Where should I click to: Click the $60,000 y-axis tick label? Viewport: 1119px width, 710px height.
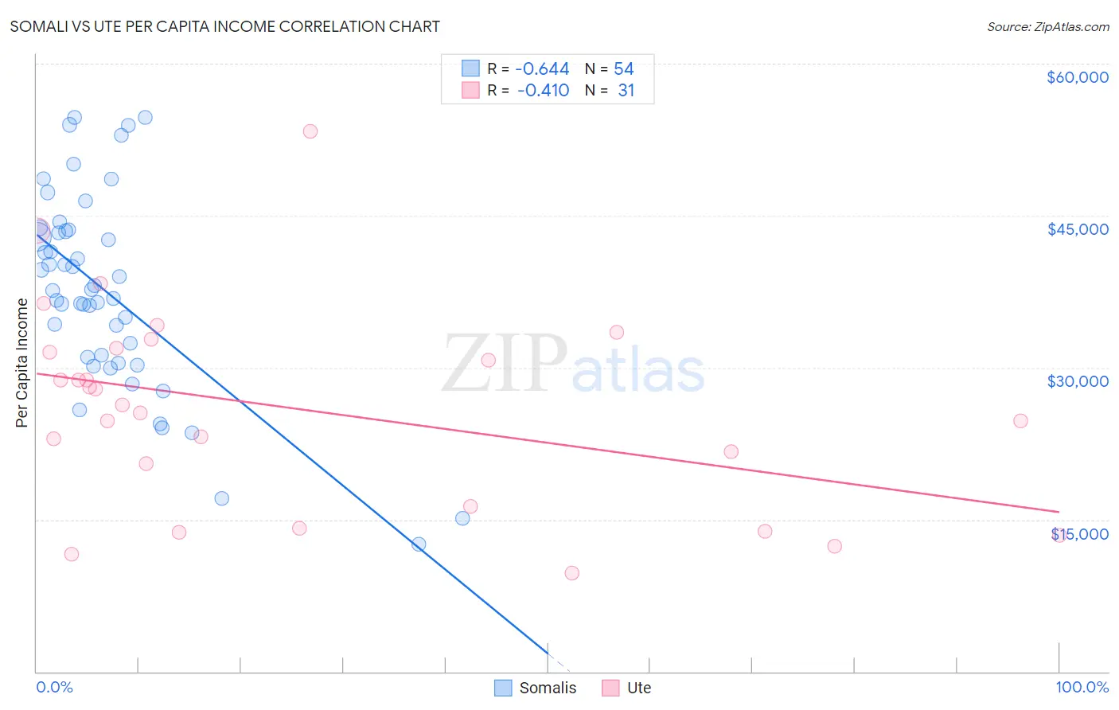[1077, 77]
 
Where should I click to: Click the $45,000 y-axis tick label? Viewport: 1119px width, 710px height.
[1077, 229]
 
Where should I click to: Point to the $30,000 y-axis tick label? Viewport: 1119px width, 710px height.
[1077, 381]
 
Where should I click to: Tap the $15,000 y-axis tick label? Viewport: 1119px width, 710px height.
[1079, 534]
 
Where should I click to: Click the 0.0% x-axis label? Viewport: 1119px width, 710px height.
[54, 687]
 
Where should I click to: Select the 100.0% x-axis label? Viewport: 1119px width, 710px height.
[1082, 687]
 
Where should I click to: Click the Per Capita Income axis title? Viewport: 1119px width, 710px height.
[22, 362]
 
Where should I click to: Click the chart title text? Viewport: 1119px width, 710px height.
[224, 26]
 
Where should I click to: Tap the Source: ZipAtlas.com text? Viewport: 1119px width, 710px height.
[1047, 27]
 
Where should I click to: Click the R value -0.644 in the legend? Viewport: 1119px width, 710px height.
[543, 69]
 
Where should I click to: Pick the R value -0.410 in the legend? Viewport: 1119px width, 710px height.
[543, 91]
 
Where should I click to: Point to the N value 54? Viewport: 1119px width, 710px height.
[623, 69]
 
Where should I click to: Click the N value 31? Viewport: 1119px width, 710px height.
[626, 91]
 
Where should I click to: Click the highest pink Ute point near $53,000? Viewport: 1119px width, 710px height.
[310, 131]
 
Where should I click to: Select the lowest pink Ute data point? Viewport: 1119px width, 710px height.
[571, 573]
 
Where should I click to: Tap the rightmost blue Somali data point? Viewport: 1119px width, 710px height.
[462, 518]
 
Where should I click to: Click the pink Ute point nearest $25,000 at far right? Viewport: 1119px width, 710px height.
[1020, 421]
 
